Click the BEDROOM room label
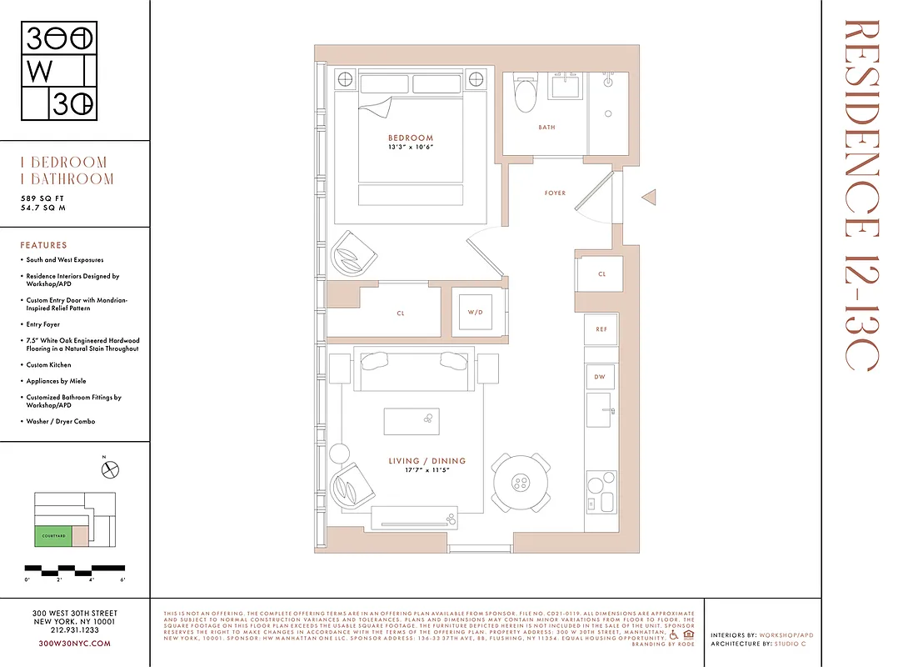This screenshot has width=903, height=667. [x=411, y=138]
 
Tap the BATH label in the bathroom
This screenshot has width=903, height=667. [x=546, y=128]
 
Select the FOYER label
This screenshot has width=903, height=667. [x=555, y=193]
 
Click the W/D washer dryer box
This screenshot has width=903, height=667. [x=475, y=313]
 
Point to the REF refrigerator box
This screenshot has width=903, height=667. [x=601, y=329]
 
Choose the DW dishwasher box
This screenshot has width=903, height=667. [x=601, y=377]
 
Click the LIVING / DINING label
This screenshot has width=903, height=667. [x=427, y=461]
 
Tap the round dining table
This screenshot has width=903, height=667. [x=521, y=482]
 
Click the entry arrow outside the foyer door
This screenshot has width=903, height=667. [x=649, y=198]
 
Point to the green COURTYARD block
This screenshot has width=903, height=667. [x=52, y=536]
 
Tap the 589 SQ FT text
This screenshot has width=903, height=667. [x=43, y=198]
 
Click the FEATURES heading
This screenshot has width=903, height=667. [x=43, y=245]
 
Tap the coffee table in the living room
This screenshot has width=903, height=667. [x=411, y=421]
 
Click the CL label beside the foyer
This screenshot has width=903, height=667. [x=601, y=273]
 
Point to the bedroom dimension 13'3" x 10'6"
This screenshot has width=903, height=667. [x=411, y=148]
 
